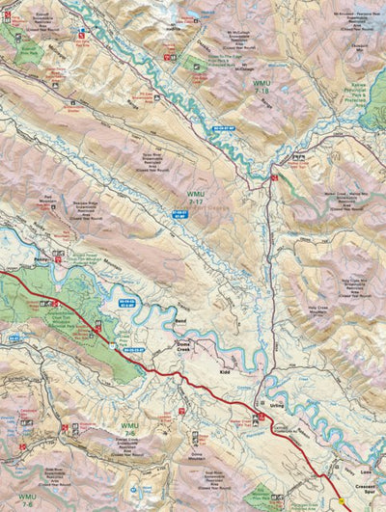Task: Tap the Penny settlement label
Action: [x=41, y=261]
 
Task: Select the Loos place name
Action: [x=365, y=473]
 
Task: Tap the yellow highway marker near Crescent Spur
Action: [x=340, y=501]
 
